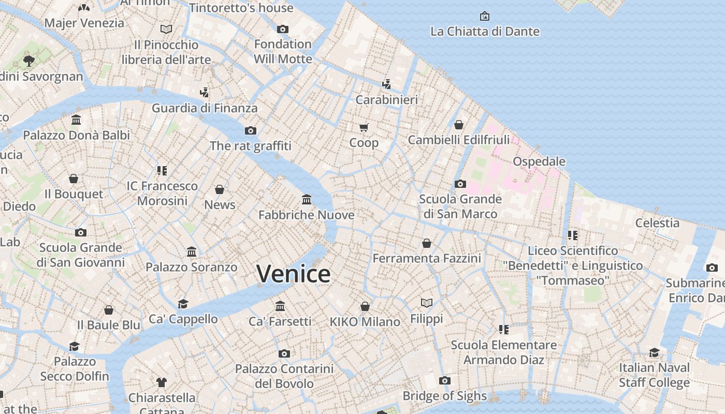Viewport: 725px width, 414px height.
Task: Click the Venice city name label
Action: click(x=293, y=274)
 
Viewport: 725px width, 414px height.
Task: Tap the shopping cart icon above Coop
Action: click(x=364, y=127)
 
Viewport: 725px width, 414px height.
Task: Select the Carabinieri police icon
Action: click(x=386, y=84)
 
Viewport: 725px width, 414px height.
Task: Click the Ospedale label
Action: click(x=539, y=161)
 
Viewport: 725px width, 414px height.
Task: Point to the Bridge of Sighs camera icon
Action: click(x=444, y=381)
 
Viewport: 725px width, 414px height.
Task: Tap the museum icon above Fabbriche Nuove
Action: click(x=307, y=200)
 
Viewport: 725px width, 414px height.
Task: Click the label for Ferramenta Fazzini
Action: click(x=427, y=258)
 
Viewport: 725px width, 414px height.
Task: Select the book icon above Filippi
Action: click(x=427, y=303)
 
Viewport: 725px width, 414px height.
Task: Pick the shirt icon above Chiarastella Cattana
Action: click(x=162, y=382)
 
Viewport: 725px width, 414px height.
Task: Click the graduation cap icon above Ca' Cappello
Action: click(x=183, y=304)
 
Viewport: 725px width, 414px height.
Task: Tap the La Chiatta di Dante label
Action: click(x=485, y=32)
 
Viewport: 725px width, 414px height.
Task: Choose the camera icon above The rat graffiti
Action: click(x=251, y=130)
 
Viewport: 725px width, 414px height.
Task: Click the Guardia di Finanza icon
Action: click(x=205, y=93)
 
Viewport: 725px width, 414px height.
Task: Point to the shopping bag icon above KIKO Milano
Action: click(x=365, y=306)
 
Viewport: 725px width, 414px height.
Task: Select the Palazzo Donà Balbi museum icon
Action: click(x=76, y=120)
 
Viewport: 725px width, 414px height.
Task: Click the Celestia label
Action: click(x=657, y=223)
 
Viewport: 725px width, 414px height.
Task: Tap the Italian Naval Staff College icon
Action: click(x=655, y=353)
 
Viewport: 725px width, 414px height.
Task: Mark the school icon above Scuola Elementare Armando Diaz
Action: click(x=503, y=330)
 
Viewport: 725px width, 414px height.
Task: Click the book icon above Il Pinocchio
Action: click(x=166, y=29)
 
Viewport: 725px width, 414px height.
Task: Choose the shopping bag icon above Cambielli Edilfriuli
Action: click(x=458, y=125)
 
